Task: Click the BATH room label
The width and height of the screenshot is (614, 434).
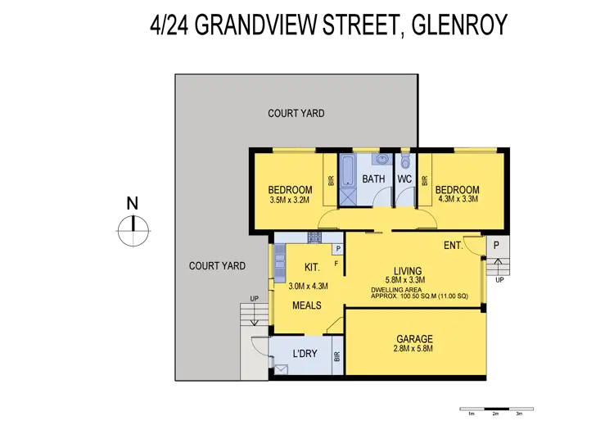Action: (x=374, y=179)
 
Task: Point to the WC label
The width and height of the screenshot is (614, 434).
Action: (x=404, y=179)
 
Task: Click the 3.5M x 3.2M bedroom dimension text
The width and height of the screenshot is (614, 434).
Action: (x=291, y=199)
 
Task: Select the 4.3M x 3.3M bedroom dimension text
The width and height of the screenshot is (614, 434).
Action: (x=458, y=198)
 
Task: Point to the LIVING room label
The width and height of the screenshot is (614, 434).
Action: (x=407, y=271)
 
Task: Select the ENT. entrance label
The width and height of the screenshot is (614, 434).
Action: (x=453, y=245)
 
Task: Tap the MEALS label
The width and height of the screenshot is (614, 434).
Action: (x=307, y=305)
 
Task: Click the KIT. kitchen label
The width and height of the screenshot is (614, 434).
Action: (x=312, y=267)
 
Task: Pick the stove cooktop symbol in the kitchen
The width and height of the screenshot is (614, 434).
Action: (x=314, y=237)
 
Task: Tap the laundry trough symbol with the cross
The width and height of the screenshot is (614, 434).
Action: (x=282, y=370)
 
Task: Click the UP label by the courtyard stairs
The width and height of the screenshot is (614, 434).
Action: (x=255, y=298)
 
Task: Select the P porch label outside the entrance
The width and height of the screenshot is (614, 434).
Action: (x=497, y=245)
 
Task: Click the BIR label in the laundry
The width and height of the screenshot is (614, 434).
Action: (x=337, y=357)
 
